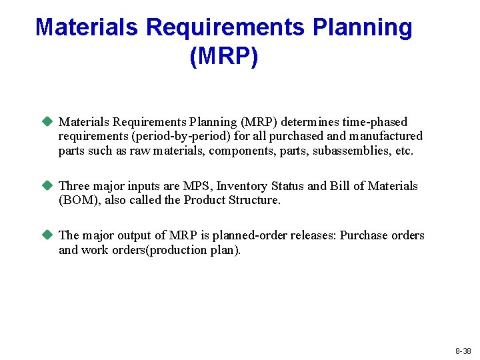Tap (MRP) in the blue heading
click(x=223, y=56)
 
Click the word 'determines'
click(x=310, y=122)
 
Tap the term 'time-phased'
click(x=375, y=122)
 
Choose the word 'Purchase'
click(x=365, y=235)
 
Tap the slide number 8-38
click(x=463, y=351)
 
